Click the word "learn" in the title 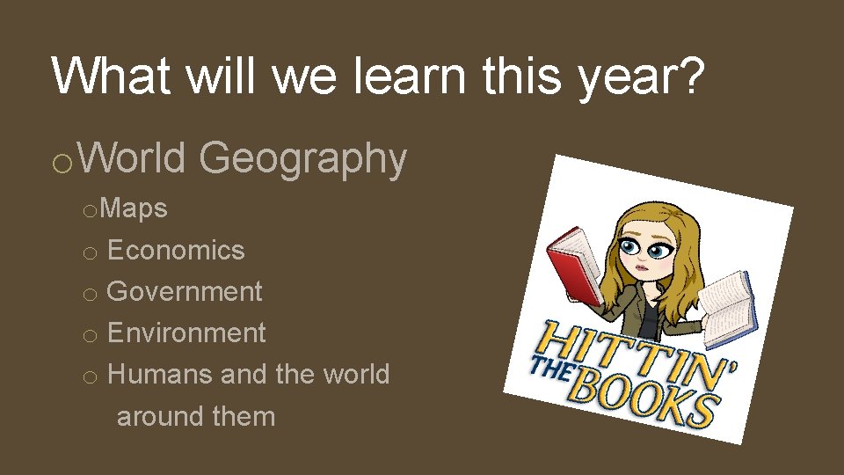pos(412,77)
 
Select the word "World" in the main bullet pos(136,158)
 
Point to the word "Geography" pos(303,160)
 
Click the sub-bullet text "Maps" pos(135,209)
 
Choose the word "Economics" pos(176,251)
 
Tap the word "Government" pos(185,292)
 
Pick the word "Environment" pos(186,333)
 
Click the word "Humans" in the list pos(160,375)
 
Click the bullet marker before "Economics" pos(88,253)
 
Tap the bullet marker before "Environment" pos(88,336)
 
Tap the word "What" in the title pos(110,77)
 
